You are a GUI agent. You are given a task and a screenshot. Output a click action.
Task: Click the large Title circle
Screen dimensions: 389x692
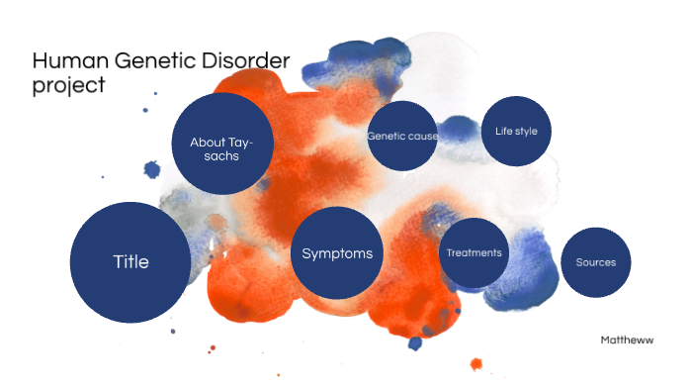pos(130,262)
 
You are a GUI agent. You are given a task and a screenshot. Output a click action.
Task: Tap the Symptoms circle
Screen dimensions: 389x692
pos(337,253)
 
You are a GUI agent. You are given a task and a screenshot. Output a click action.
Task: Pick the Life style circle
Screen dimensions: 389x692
pos(516,131)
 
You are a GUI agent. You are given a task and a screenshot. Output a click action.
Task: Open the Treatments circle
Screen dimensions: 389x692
pos(474,253)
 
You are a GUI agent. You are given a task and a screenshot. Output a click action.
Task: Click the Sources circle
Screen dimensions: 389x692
pos(596,262)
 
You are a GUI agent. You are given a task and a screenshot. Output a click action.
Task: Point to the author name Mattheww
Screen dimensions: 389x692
pos(627,340)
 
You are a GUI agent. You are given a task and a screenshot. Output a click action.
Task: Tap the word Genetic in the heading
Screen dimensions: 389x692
pos(154,62)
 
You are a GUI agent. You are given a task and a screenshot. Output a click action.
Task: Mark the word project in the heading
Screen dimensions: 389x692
pos(67,85)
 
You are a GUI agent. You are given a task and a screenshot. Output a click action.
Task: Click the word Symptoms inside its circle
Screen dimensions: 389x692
pos(337,253)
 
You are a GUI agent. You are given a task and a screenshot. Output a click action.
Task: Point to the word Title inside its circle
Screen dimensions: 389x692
pos(130,262)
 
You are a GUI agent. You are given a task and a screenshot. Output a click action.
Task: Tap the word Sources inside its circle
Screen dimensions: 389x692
pos(596,262)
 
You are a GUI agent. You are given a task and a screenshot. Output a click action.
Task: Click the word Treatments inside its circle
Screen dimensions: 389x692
pos(474,253)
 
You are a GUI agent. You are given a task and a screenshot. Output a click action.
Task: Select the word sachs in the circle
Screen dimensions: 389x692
pos(221,156)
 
